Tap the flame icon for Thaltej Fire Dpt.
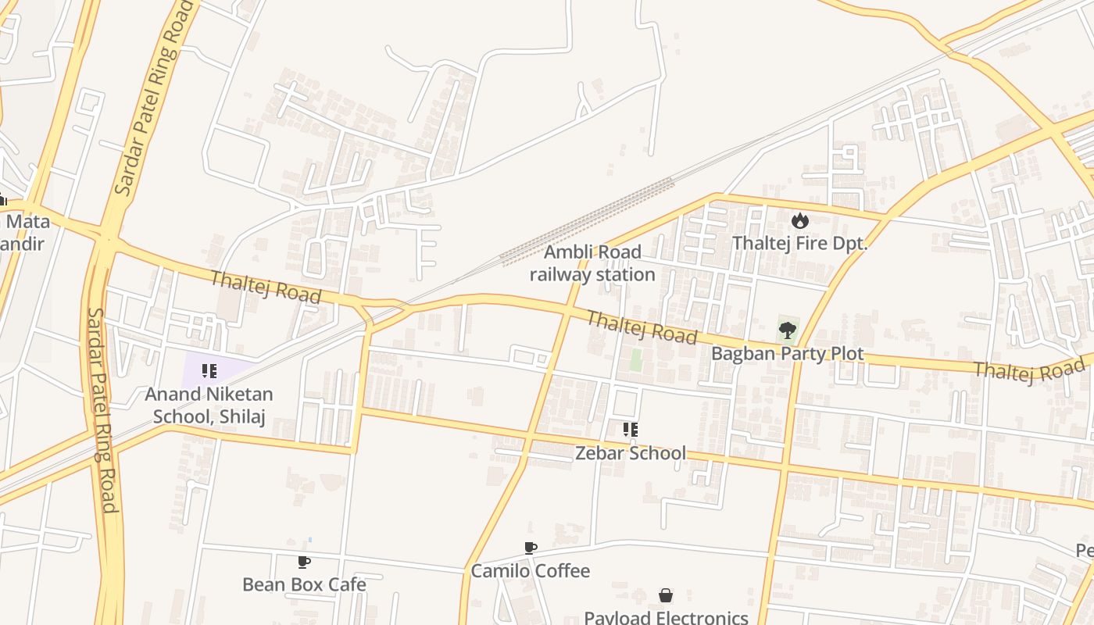[x=799, y=221]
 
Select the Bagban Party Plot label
[x=787, y=354]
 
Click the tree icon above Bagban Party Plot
[x=787, y=330]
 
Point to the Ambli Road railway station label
[x=592, y=263]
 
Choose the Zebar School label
[x=631, y=453]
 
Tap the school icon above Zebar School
[x=630, y=430]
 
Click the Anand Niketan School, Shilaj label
[x=209, y=405]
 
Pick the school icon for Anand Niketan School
[x=209, y=371]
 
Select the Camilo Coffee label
[x=530, y=571]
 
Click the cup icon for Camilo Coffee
[x=530, y=548]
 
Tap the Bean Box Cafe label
[x=304, y=584]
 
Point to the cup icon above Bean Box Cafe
[x=304, y=562]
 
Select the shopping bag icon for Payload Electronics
[x=665, y=596]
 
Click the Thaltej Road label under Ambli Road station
[x=641, y=327]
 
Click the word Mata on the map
[x=28, y=221]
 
